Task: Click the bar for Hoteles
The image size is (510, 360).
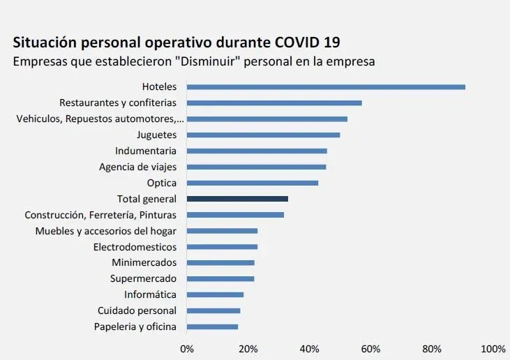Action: [x=326, y=87]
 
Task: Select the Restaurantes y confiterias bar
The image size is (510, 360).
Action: [x=274, y=103]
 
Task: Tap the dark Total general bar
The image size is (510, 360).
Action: [x=237, y=199]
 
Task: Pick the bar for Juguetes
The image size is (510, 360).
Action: [x=264, y=135]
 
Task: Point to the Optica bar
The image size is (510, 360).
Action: [x=253, y=183]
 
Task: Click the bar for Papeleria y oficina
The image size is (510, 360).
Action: [x=213, y=327]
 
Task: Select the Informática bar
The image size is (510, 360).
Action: [x=216, y=294]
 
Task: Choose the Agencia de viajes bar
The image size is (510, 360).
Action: [x=257, y=167]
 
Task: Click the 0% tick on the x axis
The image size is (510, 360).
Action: [x=187, y=348]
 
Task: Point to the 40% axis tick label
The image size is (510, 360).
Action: [x=309, y=348]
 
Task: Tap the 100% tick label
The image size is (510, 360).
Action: [x=493, y=348]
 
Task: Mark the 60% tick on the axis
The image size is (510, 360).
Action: [x=370, y=348]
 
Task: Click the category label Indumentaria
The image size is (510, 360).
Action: [x=146, y=151]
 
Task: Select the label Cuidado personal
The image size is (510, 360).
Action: [x=137, y=310]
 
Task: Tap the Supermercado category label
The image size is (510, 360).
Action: [x=143, y=278]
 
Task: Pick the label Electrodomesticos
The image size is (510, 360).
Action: [x=135, y=247]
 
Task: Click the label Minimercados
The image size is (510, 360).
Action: [x=144, y=262]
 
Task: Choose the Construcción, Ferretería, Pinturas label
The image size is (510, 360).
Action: [x=100, y=215]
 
